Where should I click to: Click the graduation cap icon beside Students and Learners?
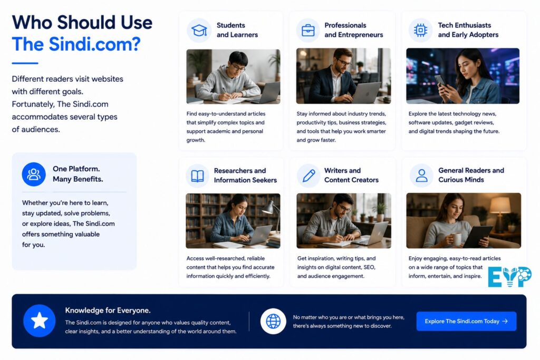[199, 30]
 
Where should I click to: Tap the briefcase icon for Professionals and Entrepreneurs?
[308, 30]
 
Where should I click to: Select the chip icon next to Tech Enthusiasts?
[420, 30]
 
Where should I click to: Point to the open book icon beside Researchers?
[197, 176]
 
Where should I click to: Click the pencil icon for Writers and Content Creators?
[308, 176]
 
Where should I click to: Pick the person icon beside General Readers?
[421, 176]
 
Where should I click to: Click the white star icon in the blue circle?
[40, 320]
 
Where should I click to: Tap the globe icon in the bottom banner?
[273, 322]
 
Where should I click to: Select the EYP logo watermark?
[510, 277]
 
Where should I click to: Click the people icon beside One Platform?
[34, 174]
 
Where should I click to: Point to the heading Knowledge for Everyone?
[108, 310]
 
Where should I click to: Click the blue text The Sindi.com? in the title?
[76, 44]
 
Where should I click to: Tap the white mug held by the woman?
[456, 239]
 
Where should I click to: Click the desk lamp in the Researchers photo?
[272, 216]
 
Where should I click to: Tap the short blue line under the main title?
[25, 63]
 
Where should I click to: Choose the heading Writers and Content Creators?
[351, 175]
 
